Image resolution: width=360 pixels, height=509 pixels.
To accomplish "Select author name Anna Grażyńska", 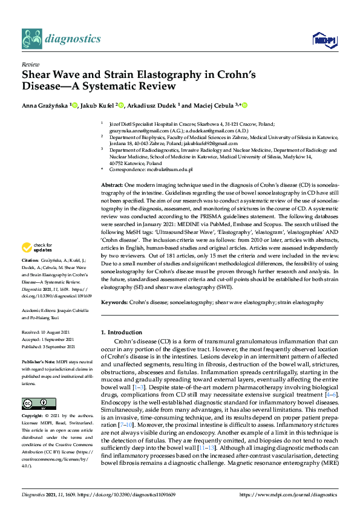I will [x=46, y=106].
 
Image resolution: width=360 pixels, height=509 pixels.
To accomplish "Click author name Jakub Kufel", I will [x=97, y=106].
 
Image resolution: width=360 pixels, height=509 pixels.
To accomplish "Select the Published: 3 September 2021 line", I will [x=49, y=346].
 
